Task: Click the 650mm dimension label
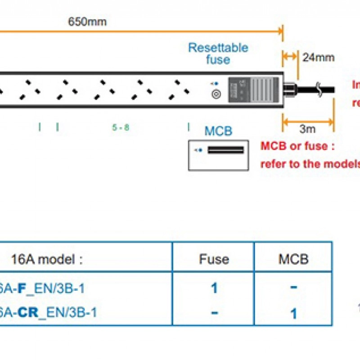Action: pyautogui.click(x=87, y=22)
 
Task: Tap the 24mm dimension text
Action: pyautogui.click(x=318, y=58)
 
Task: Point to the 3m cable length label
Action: pyautogui.click(x=308, y=130)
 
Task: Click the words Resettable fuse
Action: pyautogui.click(x=218, y=54)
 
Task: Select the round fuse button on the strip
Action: pyautogui.click(x=216, y=94)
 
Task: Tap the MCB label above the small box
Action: pyautogui.click(x=218, y=131)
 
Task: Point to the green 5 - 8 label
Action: pyautogui.click(x=121, y=127)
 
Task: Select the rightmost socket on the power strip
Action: pyautogui.click(x=177, y=89)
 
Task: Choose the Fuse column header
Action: pyautogui.click(x=214, y=259)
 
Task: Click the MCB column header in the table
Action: pyautogui.click(x=293, y=259)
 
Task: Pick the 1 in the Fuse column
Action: pyautogui.click(x=214, y=288)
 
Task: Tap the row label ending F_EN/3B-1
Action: pyautogui.click(x=43, y=288)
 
